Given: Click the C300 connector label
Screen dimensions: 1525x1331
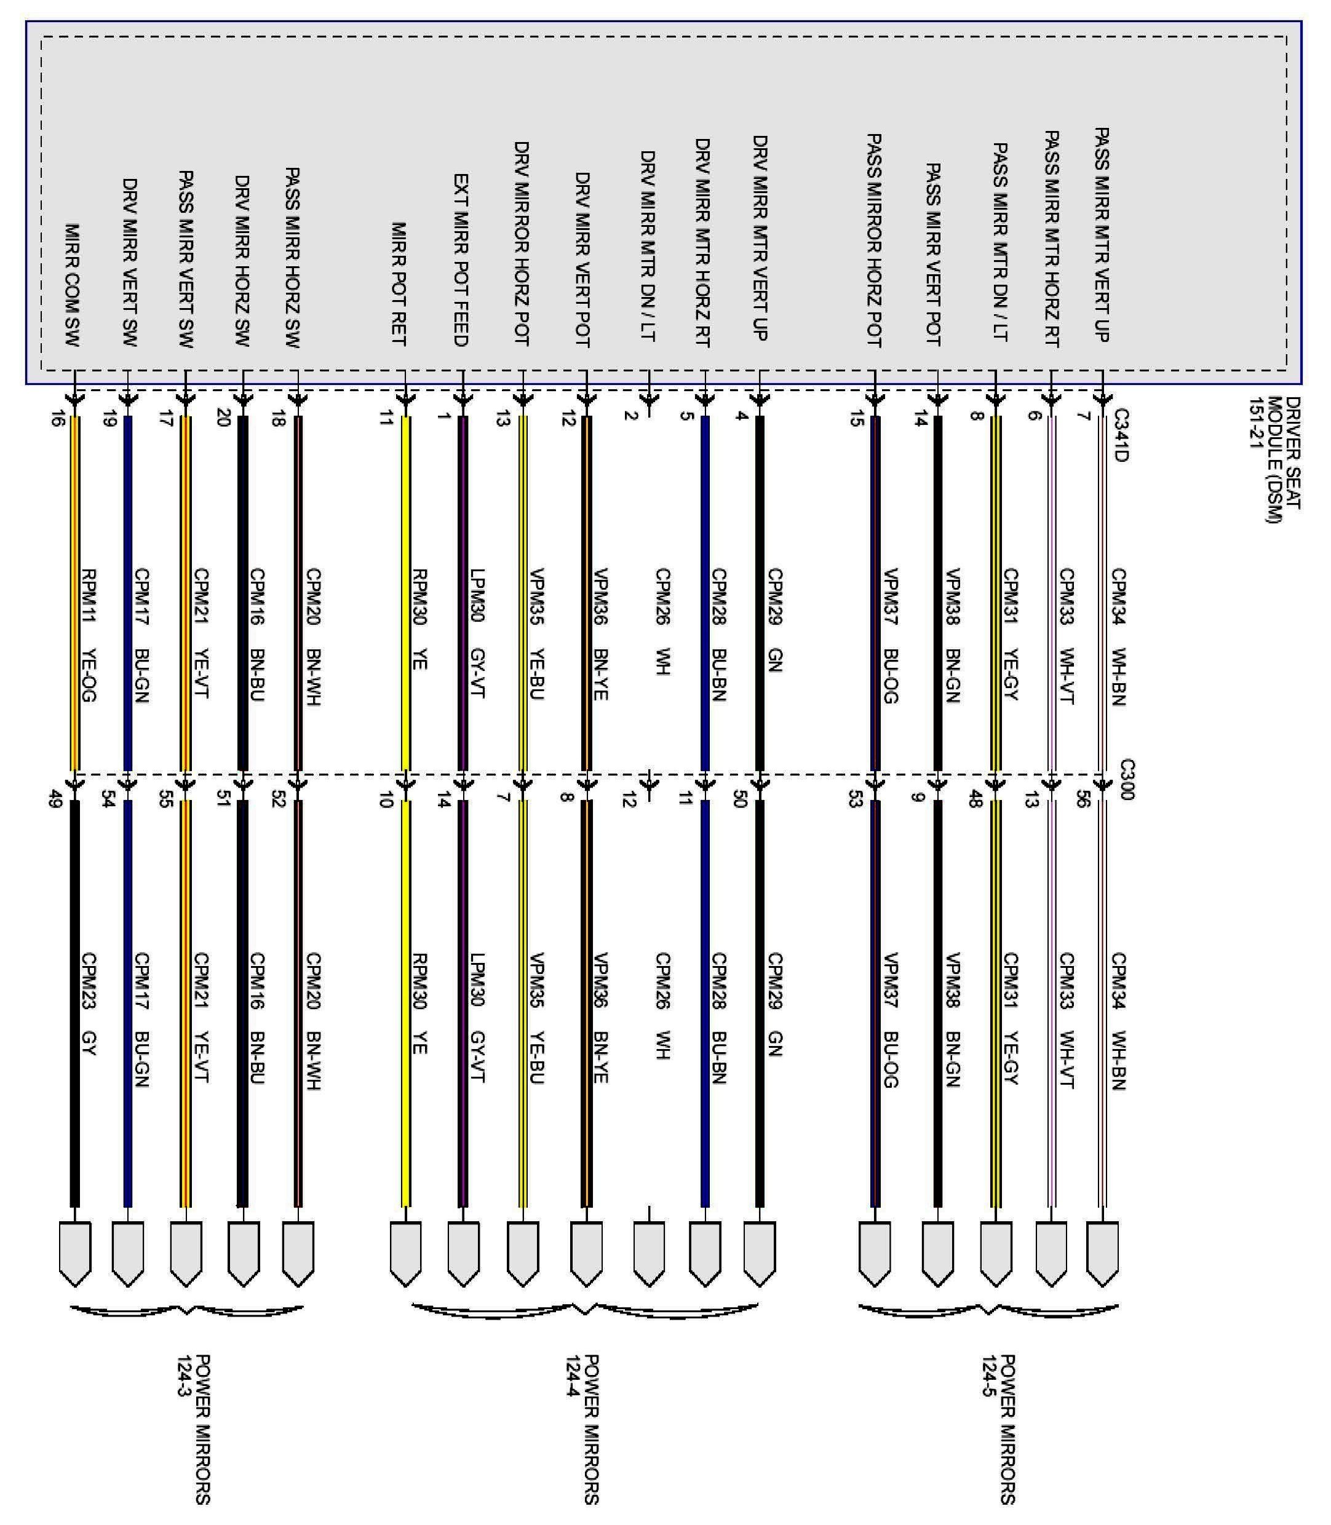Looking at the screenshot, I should [1127, 779].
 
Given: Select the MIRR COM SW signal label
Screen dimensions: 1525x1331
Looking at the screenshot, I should [72, 285].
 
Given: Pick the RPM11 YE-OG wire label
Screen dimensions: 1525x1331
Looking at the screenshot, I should [89, 635].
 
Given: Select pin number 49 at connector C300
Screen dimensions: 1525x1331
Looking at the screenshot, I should [54, 799].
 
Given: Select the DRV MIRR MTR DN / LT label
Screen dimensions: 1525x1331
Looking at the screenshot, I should [648, 246].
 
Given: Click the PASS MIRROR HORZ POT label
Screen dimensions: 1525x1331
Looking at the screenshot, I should [874, 240].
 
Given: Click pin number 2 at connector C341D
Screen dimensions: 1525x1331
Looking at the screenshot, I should [630, 415].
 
